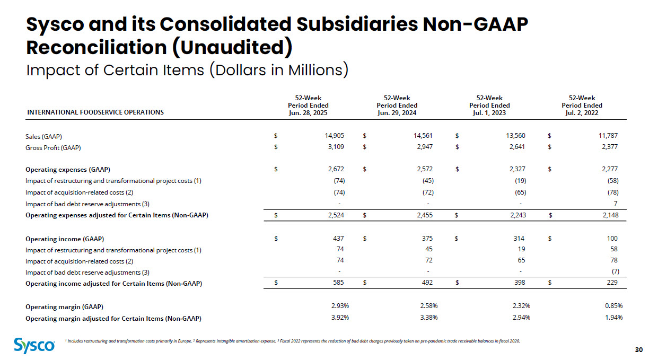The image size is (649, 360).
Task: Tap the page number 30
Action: click(x=638, y=349)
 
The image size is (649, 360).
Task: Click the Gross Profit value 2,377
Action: click(x=609, y=147)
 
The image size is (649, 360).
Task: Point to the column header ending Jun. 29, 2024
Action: click(x=397, y=105)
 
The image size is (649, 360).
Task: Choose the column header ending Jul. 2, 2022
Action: click(x=582, y=105)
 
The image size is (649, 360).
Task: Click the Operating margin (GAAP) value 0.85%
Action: click(x=613, y=306)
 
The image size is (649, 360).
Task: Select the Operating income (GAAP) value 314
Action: click(x=520, y=239)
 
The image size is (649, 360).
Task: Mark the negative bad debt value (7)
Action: click(x=615, y=272)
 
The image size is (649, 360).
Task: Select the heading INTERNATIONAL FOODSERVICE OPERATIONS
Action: click(x=95, y=112)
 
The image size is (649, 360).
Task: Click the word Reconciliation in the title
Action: click(x=98, y=47)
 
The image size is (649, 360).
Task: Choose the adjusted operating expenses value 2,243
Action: click(x=516, y=215)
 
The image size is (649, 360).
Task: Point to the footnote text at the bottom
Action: click(x=292, y=341)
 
